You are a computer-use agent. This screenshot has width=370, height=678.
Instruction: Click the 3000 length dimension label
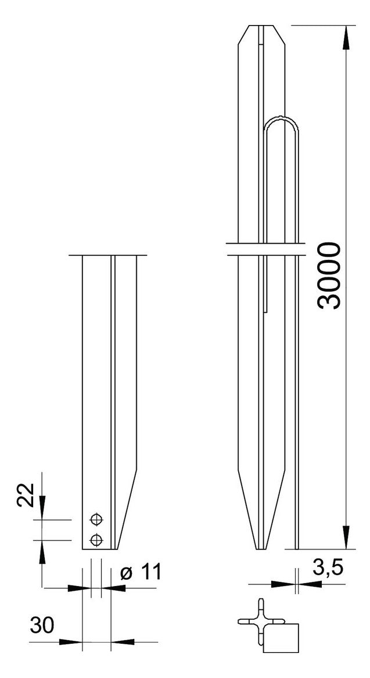coord(329,276)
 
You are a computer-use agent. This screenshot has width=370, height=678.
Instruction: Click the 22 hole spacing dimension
coord(26,495)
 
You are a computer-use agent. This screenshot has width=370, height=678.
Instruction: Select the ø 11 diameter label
coord(141,573)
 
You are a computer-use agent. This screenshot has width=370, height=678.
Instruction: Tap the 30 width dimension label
coord(42,626)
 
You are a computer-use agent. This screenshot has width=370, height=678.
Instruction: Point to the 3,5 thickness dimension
coord(328,569)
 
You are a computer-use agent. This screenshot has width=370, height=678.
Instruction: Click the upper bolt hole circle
coord(96,519)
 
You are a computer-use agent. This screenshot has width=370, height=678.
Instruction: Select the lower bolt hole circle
coord(96,540)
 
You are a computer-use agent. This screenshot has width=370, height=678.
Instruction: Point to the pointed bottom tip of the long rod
coord(261,548)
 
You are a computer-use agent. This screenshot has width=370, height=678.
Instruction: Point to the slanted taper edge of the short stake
coord(127,509)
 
